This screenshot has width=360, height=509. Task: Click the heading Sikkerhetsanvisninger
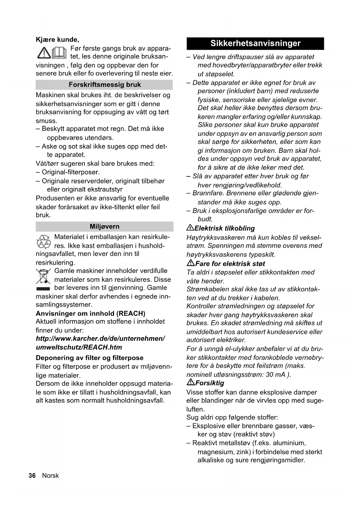tap(255, 44)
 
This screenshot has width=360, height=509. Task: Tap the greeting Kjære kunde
tap(57, 39)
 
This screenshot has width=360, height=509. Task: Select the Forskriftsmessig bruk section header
tap(104, 85)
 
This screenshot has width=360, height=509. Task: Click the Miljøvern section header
tap(104, 227)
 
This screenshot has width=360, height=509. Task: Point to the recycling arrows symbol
tap(44, 241)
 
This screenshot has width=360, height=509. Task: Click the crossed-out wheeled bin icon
tap(43, 277)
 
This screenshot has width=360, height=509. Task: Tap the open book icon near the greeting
tap(59, 53)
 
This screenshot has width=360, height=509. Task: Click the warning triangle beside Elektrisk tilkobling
tap(190, 228)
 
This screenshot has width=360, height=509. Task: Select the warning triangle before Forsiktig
tap(191, 382)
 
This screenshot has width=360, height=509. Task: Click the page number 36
tap(32, 476)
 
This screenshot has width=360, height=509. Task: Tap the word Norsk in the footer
tap(50, 476)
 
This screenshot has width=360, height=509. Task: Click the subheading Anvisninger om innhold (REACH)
tap(91, 313)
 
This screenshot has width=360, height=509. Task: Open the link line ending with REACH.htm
tap(79, 347)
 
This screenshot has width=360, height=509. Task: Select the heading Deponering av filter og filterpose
tap(90, 358)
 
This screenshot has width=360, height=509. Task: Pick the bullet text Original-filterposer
tap(71, 172)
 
